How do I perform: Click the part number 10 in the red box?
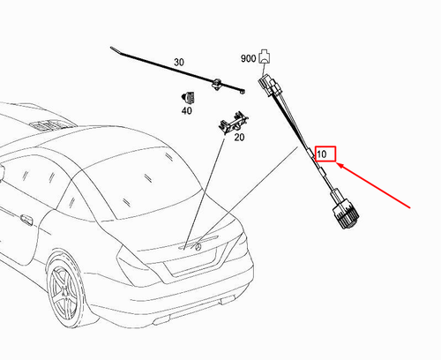pos(325,154)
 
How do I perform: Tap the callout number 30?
pos(179,63)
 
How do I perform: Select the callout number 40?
pos(186,110)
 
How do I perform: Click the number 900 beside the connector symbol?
pos(248,58)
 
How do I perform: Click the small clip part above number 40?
pos(187,96)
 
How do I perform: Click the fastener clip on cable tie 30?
pos(217,84)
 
